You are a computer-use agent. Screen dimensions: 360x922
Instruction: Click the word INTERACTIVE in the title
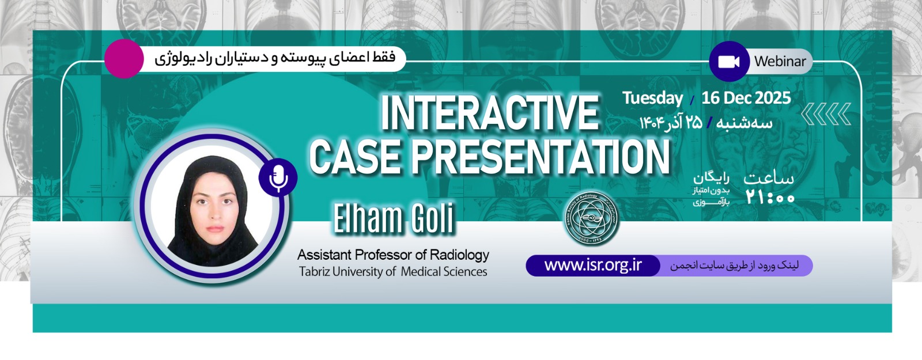[489, 113]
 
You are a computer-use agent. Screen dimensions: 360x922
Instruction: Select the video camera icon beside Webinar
[729, 61]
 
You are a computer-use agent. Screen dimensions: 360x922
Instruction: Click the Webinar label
[780, 61]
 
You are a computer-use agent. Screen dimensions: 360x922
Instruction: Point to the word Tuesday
[652, 98]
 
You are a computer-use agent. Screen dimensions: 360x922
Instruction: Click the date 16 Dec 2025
[746, 98]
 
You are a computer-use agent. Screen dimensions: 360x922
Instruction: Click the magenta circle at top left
[124, 59]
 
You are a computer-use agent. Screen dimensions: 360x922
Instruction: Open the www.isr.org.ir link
[593, 266]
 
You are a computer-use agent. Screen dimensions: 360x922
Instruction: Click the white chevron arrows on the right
[826, 115]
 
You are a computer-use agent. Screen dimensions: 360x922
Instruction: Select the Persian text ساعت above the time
[769, 179]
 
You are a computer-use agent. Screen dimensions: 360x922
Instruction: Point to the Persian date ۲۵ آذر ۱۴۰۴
[671, 123]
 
